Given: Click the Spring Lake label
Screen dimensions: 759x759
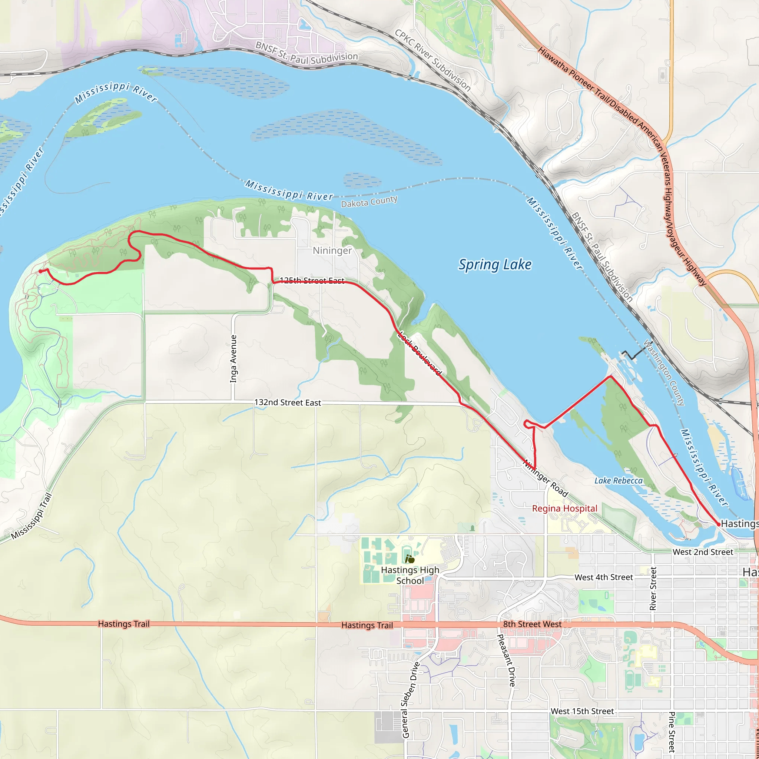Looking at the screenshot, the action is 495,265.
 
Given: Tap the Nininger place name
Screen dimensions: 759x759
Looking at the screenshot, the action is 332,251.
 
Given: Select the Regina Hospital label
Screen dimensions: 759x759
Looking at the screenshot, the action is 564,508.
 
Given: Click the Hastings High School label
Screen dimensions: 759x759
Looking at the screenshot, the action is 410,575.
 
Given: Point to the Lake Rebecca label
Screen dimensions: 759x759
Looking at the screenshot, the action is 619,480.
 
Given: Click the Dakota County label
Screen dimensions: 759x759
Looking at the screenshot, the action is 369,202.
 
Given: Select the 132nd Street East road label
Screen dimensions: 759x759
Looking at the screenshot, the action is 288,402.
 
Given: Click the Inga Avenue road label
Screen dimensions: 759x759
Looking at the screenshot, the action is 233,358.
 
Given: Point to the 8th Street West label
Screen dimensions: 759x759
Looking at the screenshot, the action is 532,624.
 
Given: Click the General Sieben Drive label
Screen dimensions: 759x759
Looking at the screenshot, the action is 411,700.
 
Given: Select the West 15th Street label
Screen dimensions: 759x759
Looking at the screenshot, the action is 582,711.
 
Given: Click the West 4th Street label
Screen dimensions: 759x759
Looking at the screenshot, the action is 603,577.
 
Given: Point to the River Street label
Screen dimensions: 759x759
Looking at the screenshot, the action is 653,588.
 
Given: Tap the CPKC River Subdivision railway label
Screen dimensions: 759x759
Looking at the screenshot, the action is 432,60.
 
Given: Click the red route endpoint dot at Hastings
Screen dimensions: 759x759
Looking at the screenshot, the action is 719,524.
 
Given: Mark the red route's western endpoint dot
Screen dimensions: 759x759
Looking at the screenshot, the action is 40,271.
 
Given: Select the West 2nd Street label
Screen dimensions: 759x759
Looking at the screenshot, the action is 703,552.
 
